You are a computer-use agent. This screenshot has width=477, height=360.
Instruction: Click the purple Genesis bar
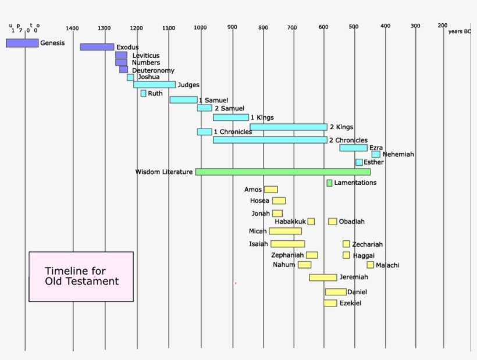pyautogui.click(x=22, y=43)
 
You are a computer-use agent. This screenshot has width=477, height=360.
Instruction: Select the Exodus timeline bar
pyautogui.click(x=97, y=47)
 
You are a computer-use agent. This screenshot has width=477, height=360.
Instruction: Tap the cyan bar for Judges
pyautogui.click(x=154, y=85)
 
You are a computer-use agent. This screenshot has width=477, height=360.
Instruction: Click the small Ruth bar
pyautogui.click(x=143, y=94)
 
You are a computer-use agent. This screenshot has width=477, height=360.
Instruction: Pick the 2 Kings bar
pyautogui.click(x=289, y=127)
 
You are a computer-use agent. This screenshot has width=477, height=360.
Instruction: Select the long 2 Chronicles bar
pyautogui.click(x=270, y=140)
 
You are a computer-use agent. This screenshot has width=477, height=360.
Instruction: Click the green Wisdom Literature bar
pyautogui.click(x=283, y=172)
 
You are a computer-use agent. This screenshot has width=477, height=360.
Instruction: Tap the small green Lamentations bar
pyautogui.click(x=329, y=183)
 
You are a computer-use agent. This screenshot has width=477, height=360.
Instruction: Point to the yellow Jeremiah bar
pyautogui.click(x=323, y=277)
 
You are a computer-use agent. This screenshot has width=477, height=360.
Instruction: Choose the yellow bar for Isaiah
pyautogui.click(x=287, y=244)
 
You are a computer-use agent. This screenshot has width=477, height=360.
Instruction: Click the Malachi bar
pyautogui.click(x=370, y=265)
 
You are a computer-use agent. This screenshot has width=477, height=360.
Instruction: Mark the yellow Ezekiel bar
pyautogui.click(x=330, y=303)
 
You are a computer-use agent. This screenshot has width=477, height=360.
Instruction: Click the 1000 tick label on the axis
pyautogui.click(x=200, y=28)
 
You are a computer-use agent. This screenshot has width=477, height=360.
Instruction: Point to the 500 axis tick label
pyautogui.click(x=353, y=27)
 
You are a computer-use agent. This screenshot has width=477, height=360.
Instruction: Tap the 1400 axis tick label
pyautogui.click(x=72, y=28)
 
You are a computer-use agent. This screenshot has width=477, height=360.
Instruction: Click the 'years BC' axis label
pyautogui.click(x=459, y=31)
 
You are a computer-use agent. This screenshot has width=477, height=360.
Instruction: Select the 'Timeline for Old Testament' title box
pyautogui.click(x=81, y=276)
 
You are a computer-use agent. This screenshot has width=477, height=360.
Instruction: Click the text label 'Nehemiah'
pyautogui.click(x=398, y=154)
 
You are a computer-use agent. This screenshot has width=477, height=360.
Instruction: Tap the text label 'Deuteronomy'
pyautogui.click(x=153, y=70)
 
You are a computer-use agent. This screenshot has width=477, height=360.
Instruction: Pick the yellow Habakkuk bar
pyautogui.click(x=311, y=222)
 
